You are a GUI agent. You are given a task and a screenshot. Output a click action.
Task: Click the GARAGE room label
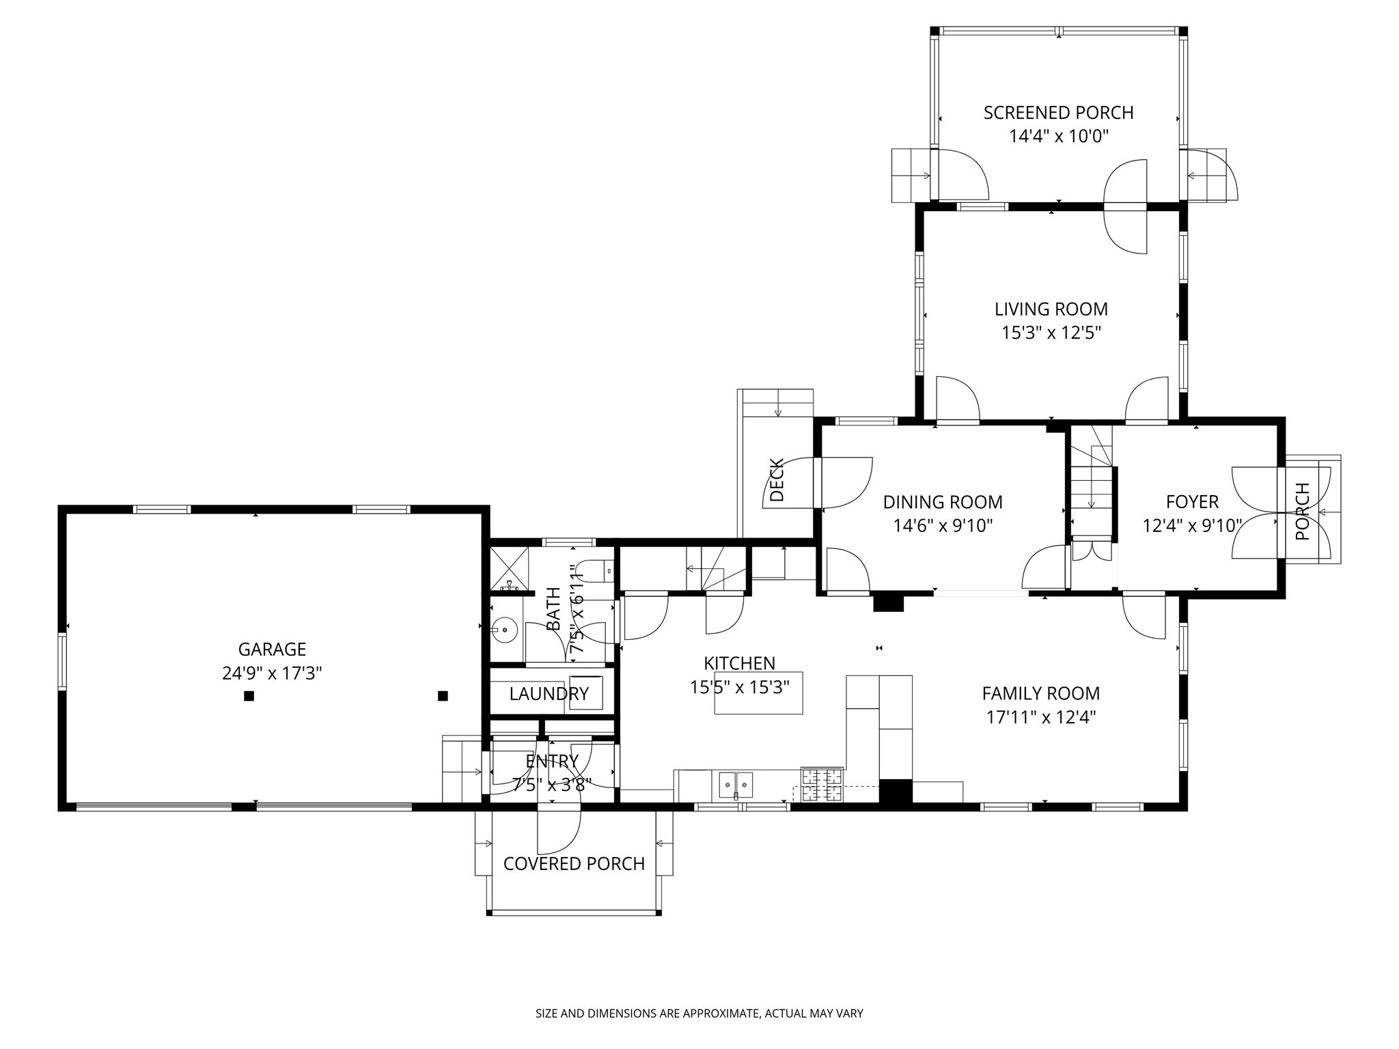pos(272,649)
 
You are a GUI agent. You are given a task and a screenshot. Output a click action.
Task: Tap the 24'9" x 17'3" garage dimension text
pos(272,673)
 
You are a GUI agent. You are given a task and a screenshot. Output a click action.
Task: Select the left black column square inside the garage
pos(249,696)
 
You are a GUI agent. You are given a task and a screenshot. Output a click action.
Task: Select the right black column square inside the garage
pos(443,696)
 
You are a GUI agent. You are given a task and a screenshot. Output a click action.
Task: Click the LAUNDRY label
pos(549,694)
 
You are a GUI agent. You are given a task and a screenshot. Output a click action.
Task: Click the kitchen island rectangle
pos(758,693)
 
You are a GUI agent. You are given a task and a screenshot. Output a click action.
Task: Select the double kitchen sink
pos(736,785)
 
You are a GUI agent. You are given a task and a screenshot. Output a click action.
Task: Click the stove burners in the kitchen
pos(822,784)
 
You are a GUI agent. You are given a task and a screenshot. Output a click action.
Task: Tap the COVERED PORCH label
pos(574,864)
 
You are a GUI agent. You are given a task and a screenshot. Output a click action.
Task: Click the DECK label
pos(777,480)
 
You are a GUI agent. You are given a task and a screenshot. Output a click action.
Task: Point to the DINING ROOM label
pos(943,502)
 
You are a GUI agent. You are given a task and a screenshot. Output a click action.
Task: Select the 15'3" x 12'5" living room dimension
pos(1051,333)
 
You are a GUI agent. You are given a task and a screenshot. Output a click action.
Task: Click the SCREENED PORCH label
pos(1058,113)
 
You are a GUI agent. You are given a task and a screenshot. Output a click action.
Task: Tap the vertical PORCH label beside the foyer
pos(1303,512)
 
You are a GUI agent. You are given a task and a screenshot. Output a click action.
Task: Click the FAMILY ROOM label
pos(1040,693)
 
